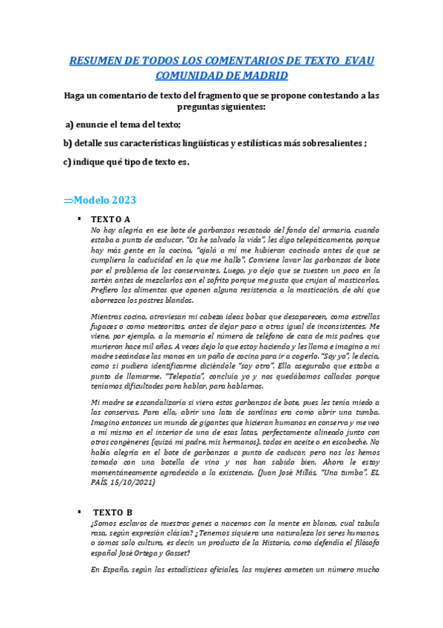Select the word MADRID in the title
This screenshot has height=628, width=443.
[x=261, y=76]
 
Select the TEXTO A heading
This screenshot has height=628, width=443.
[x=110, y=220]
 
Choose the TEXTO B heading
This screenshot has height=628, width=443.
[x=112, y=512]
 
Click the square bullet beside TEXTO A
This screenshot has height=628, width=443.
[x=78, y=220]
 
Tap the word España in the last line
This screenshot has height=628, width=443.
[x=119, y=570]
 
